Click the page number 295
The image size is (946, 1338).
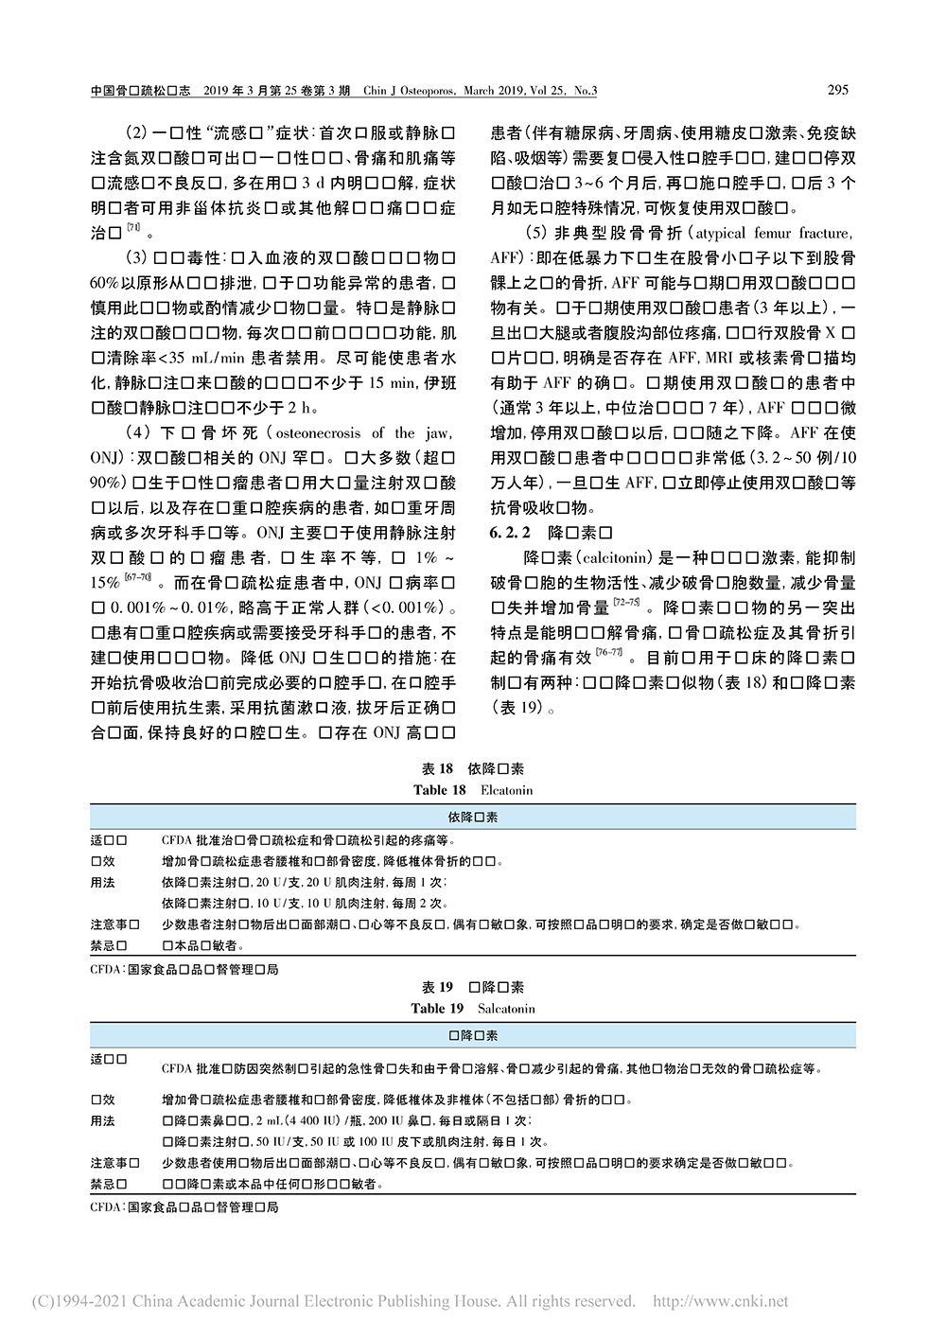click(x=837, y=90)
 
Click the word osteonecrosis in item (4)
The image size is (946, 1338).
click(x=318, y=433)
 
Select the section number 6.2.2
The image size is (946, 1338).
click(x=510, y=533)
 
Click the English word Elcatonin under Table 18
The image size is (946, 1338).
click(x=506, y=790)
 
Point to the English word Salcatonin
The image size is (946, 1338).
click(x=506, y=1009)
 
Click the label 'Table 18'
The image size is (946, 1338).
click(x=439, y=790)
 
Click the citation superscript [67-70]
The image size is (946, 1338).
click(x=137, y=577)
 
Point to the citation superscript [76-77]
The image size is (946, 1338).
click(x=608, y=652)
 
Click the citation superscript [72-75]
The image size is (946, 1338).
click(x=625, y=602)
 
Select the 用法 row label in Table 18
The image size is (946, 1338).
click(x=102, y=882)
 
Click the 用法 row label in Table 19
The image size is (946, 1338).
click(x=102, y=1120)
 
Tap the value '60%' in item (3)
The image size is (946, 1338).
click(x=104, y=283)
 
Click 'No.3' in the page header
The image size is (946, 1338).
click(x=586, y=91)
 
